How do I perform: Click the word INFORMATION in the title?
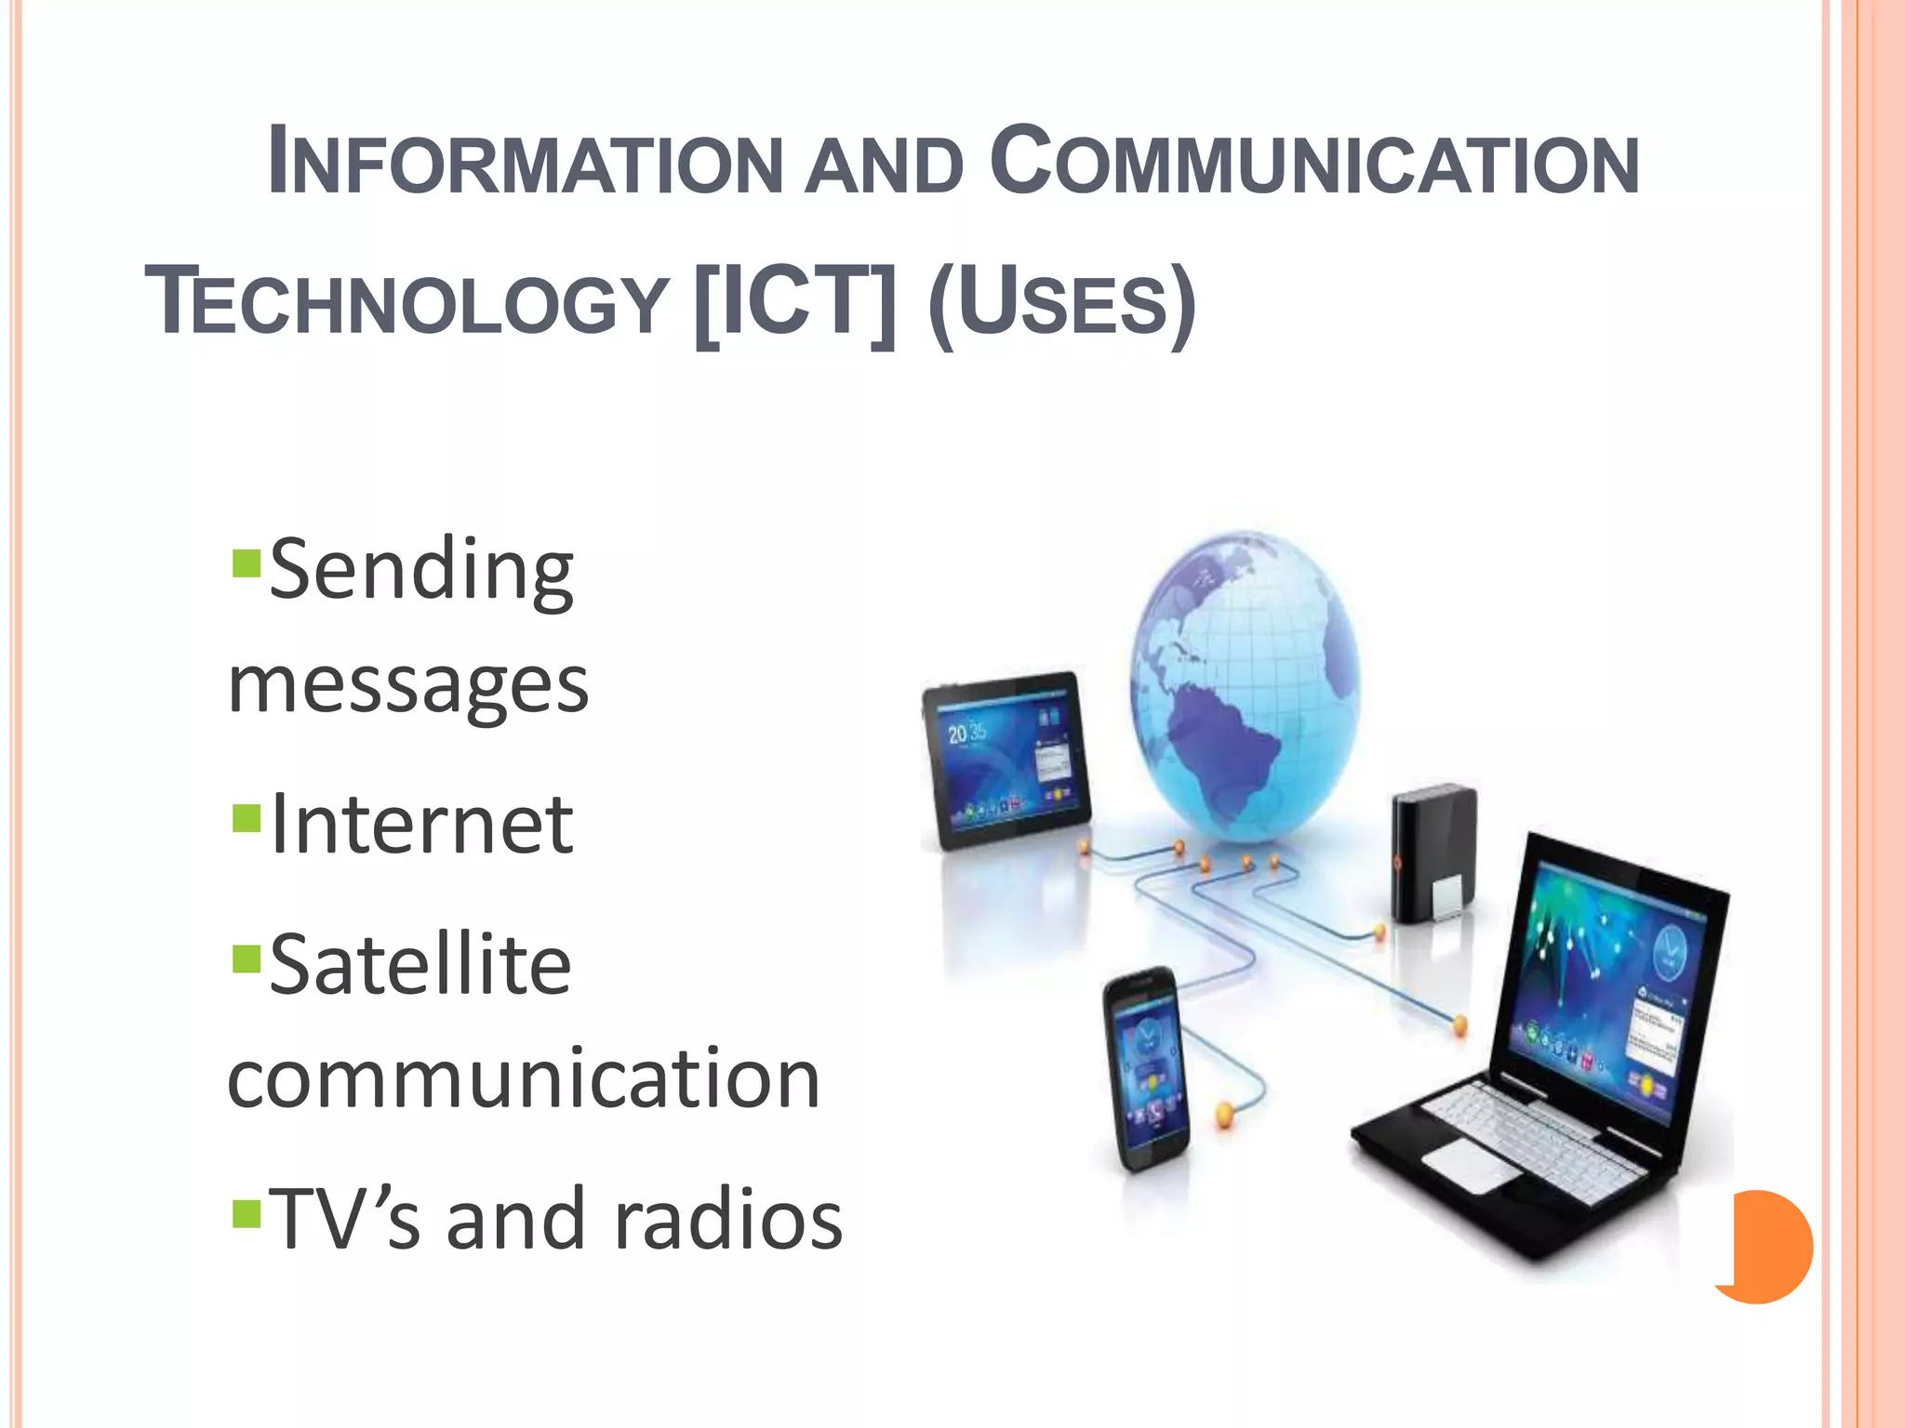coord(526,164)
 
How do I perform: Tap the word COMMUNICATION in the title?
coord(1313,162)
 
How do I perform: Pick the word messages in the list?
coord(408,685)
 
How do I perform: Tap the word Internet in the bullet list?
coord(421,825)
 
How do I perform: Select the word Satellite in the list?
coord(420,965)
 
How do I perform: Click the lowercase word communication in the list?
coord(524,1078)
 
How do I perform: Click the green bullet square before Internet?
coord(246,818)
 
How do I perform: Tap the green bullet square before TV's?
coord(246,1213)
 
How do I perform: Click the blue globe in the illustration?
coord(1245,683)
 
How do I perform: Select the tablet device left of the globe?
coord(1005,758)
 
